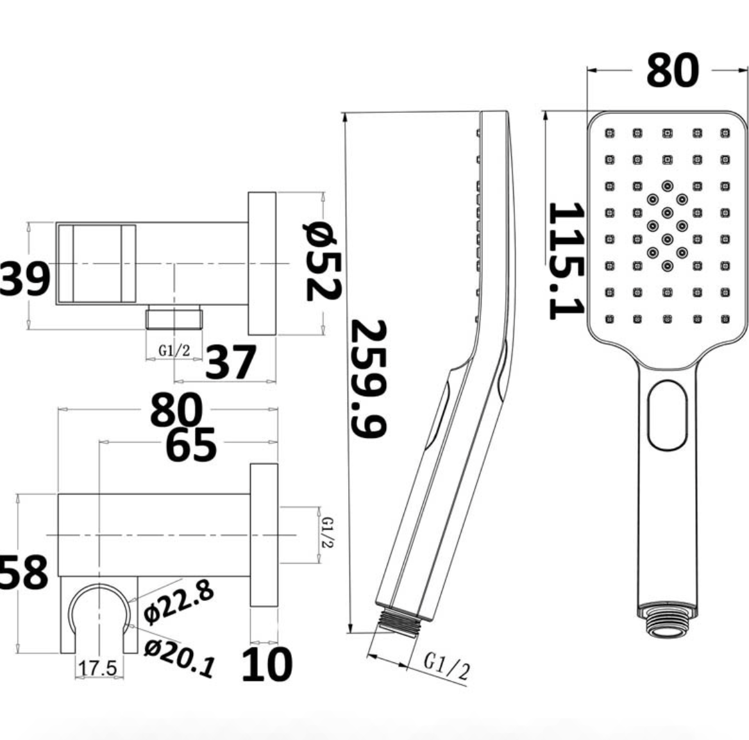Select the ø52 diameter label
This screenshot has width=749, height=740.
(323, 262)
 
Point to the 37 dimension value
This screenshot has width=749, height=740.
(230, 363)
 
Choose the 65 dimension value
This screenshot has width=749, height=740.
(191, 445)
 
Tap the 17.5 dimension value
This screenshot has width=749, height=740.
(97, 668)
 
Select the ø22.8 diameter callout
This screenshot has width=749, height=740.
(178, 602)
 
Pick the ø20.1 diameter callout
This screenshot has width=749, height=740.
(180, 657)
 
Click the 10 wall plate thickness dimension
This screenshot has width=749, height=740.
(266, 664)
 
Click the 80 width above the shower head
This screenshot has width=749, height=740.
(671, 70)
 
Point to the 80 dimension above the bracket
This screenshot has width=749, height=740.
(176, 411)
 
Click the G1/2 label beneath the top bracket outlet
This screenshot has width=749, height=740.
(174, 351)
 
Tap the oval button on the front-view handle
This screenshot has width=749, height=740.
(667, 415)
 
